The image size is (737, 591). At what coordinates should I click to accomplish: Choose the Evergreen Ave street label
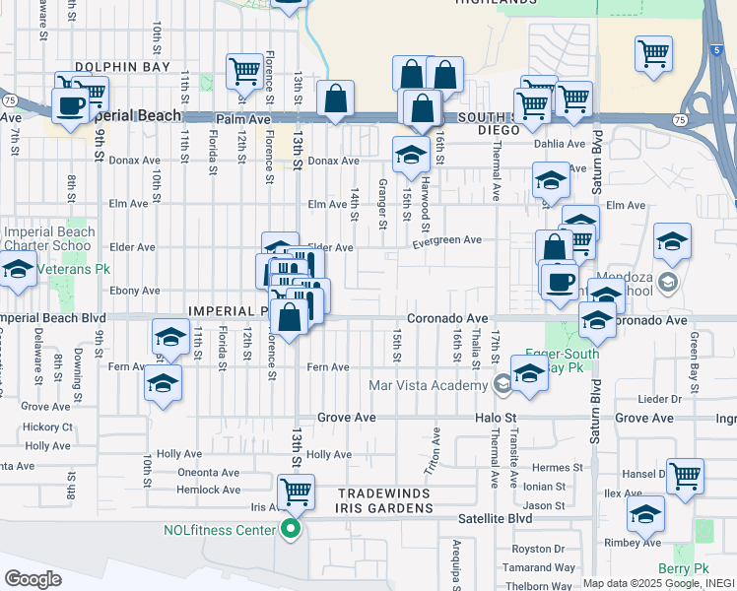pos(446,239)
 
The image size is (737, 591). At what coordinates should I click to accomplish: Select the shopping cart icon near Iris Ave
pos(295,489)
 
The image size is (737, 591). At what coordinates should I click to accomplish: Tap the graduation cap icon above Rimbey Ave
pos(646,513)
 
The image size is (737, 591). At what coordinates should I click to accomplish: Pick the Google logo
pos(33,579)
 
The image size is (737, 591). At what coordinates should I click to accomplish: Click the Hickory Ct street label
pos(48,427)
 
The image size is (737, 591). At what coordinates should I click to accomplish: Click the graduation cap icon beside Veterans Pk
pos(17,268)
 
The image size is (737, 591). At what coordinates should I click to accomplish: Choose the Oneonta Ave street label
pos(209,472)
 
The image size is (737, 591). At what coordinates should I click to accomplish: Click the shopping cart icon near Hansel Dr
pos(685,476)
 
